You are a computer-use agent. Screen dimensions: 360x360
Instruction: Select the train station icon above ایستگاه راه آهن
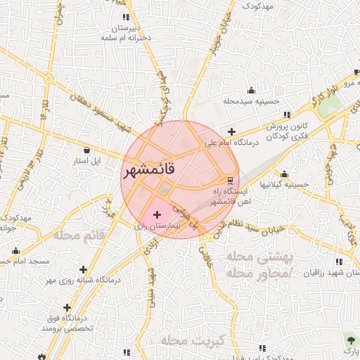pos(230,179)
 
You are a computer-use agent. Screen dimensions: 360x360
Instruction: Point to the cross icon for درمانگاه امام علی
pos(231,131)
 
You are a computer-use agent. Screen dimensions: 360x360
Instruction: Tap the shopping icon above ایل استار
pos(86,150)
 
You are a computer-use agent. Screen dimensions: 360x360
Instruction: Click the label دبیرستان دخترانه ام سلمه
pos(126,32)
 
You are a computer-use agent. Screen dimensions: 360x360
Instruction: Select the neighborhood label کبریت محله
pos(191,341)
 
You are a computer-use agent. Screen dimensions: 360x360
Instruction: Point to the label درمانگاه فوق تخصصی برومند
pos(67,323)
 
